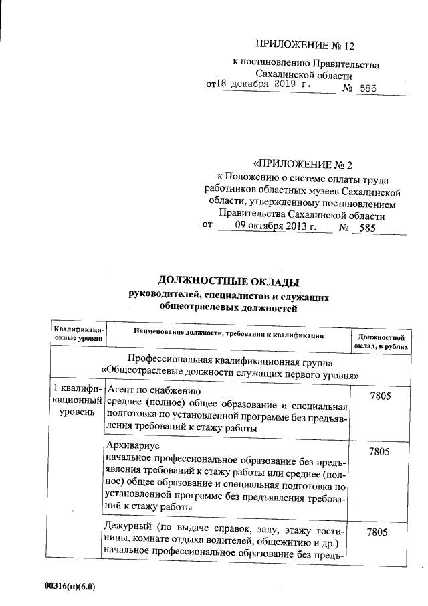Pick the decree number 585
pyautogui.click(x=377, y=228)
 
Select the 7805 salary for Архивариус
pyautogui.click(x=379, y=451)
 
